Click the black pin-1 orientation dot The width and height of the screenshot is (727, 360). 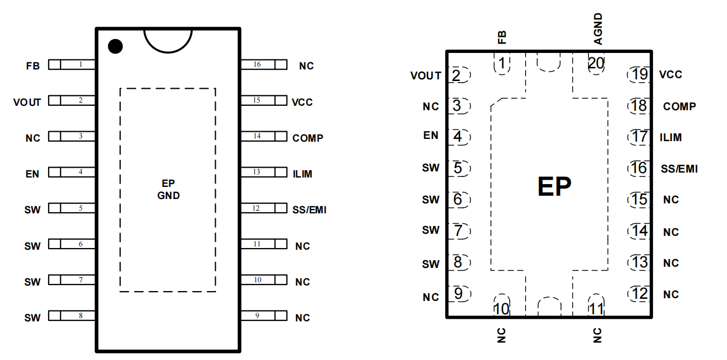pyautogui.click(x=115, y=46)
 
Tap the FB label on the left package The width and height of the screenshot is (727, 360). pyautogui.click(x=33, y=66)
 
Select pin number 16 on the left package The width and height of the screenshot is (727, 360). pyautogui.click(x=257, y=64)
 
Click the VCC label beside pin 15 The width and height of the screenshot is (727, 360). pyautogui.click(x=302, y=103)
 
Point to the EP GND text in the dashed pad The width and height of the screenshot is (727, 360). pyautogui.click(x=168, y=190)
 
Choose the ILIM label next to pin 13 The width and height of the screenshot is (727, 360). pyautogui.click(x=302, y=174)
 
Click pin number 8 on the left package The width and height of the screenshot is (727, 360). pyautogui.click(x=81, y=315)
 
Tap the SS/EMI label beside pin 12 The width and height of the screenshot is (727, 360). pyautogui.click(x=309, y=210)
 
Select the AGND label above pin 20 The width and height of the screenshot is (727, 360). pyautogui.click(x=598, y=29)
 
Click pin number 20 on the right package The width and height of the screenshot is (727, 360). pyautogui.click(x=596, y=63)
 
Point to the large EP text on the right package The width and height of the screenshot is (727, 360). pyautogui.click(x=554, y=186)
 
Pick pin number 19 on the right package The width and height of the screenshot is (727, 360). pyautogui.click(x=640, y=74)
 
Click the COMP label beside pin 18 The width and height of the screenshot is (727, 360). pyautogui.click(x=680, y=106)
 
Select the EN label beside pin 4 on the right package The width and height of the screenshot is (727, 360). pyautogui.click(x=431, y=135)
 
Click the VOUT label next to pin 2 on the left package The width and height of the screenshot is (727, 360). pyautogui.click(x=27, y=103)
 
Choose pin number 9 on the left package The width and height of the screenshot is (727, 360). pyautogui.click(x=257, y=315)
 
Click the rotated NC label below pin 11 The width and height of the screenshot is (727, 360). pyautogui.click(x=597, y=335)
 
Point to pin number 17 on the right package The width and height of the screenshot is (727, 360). pyautogui.click(x=640, y=137)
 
